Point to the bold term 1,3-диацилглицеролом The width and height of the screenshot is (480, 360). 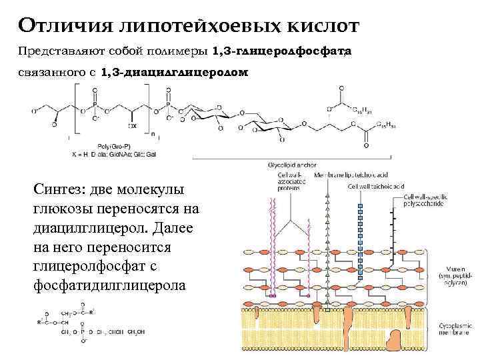[x=174, y=71]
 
